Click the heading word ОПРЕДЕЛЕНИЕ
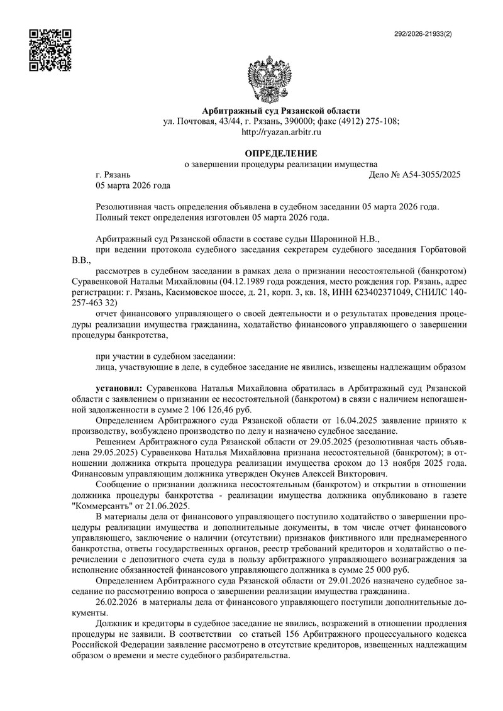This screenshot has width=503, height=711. click(x=281, y=153)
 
